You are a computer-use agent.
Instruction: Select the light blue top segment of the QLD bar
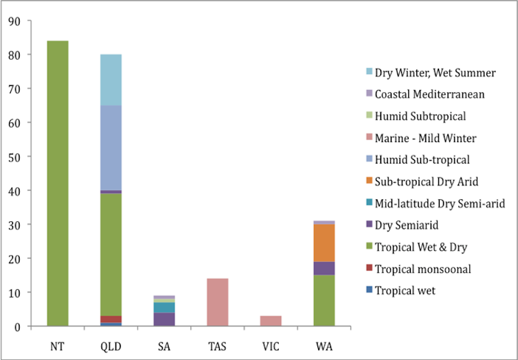click(x=111, y=80)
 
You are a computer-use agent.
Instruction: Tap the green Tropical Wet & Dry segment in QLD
click(x=111, y=254)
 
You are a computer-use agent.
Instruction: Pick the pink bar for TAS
click(x=217, y=302)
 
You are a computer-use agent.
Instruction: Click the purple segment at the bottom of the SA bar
click(x=164, y=319)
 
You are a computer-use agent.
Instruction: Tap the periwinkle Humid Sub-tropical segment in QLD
click(x=111, y=148)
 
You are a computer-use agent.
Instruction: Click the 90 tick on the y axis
click(x=14, y=21)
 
